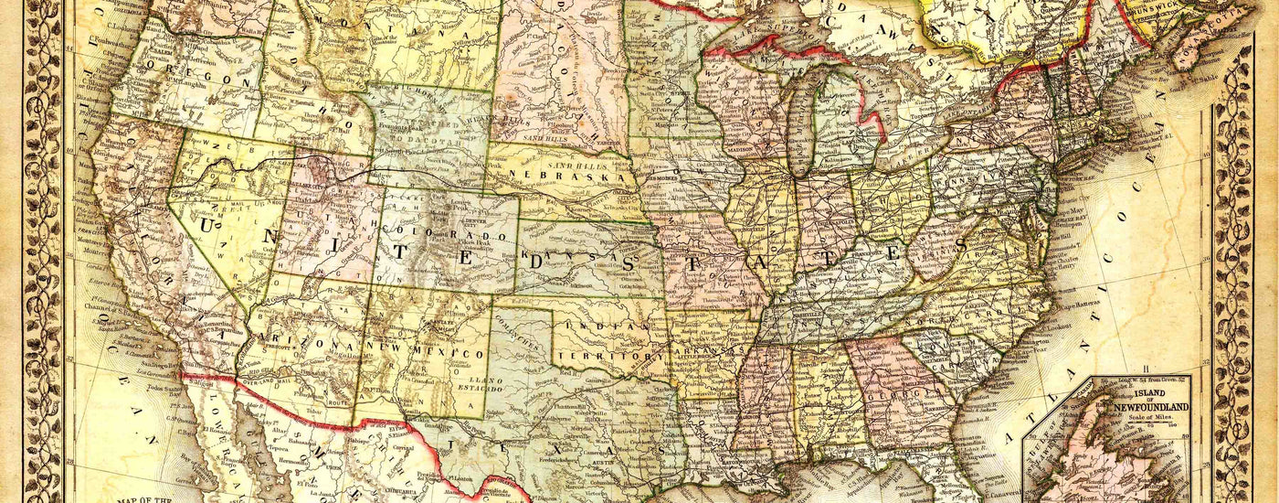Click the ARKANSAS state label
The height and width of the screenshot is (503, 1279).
[x=708, y=352]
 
